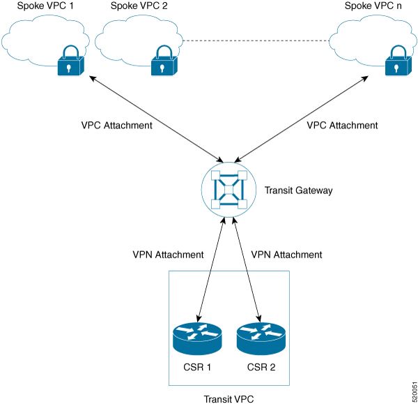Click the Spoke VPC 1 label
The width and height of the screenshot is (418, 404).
coord(45,6)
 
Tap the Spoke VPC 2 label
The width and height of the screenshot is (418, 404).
coord(139,6)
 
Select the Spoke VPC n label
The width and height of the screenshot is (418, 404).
coord(373,6)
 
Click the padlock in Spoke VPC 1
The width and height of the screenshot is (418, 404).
coord(70,60)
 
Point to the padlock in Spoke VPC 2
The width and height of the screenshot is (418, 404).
coord(164,60)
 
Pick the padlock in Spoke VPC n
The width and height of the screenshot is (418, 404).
coord(398,60)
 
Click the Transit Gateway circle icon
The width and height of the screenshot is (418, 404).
coord(229,189)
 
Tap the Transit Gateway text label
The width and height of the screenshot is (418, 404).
coord(299,190)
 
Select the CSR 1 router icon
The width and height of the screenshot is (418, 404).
coord(197,338)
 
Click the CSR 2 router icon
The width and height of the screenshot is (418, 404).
coord(261,338)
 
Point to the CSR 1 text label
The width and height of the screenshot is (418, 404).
coord(197,367)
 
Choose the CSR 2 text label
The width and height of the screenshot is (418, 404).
coord(261,367)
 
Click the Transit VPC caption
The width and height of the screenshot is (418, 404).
coord(229,399)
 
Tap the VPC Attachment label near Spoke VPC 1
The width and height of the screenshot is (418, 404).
coord(117,125)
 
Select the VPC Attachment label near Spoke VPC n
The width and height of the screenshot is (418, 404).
coord(342,125)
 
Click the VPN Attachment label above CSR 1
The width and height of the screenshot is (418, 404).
coord(168,255)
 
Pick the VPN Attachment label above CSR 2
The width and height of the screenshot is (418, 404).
coord(286,255)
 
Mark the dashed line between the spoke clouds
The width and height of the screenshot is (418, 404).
coord(256,41)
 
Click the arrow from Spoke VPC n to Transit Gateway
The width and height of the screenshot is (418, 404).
coord(301,119)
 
